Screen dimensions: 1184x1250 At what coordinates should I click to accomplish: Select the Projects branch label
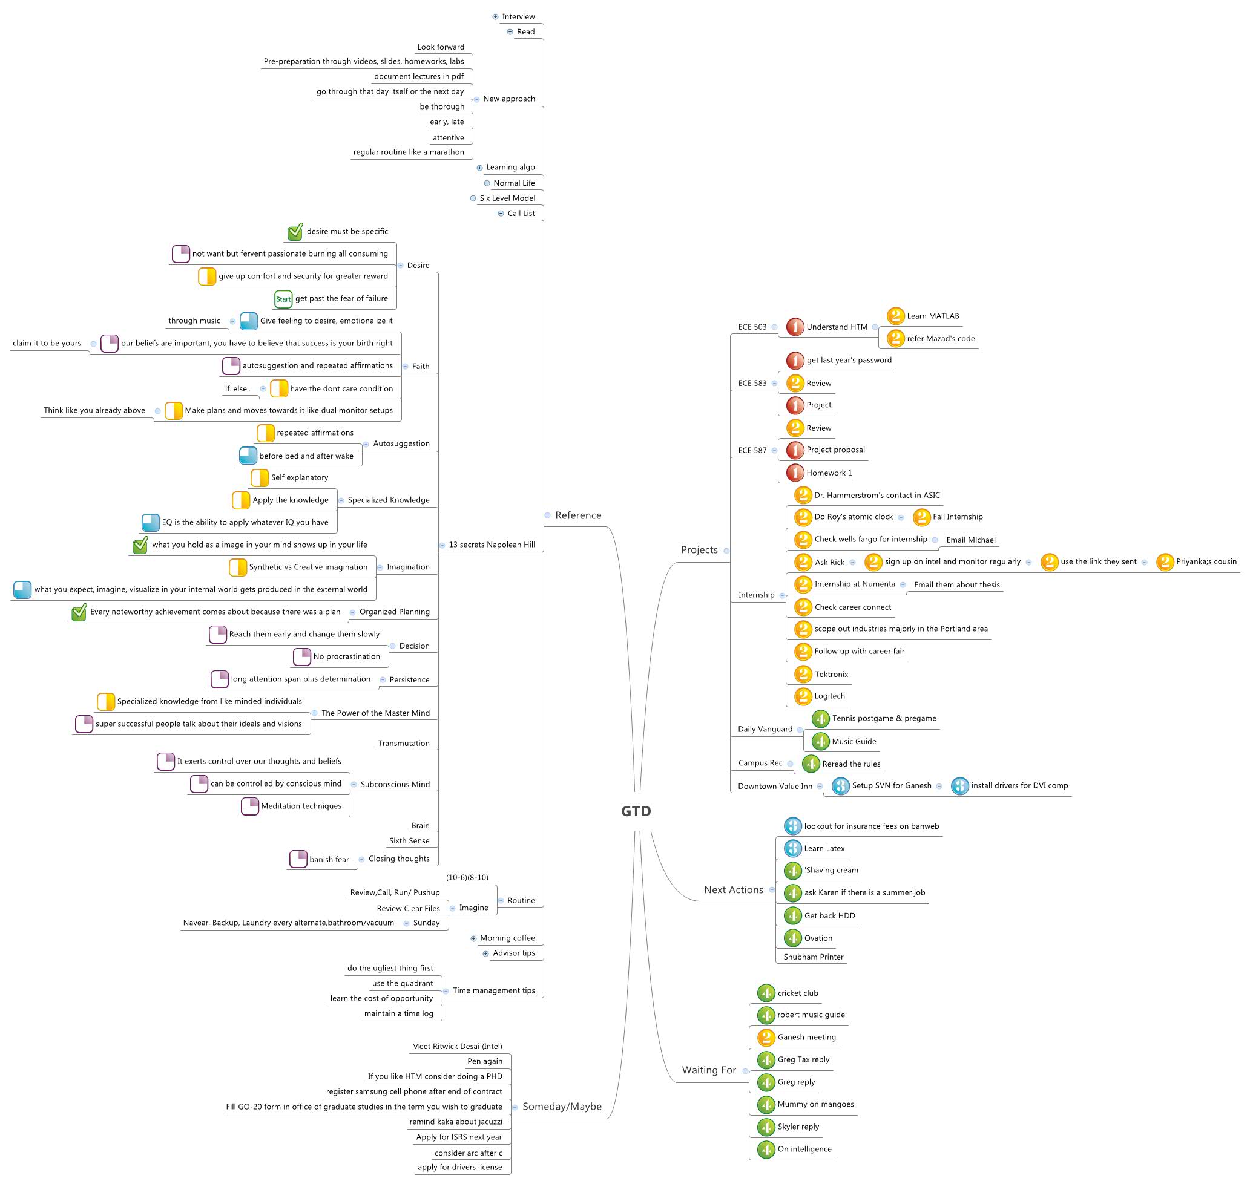click(x=699, y=550)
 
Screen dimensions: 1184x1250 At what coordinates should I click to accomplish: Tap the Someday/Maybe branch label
click(x=562, y=1107)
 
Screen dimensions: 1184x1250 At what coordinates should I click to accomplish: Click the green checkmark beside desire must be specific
click(x=295, y=232)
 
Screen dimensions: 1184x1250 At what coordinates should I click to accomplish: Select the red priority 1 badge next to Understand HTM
click(x=795, y=327)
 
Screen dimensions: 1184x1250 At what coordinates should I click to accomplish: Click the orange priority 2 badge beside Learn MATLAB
click(x=895, y=316)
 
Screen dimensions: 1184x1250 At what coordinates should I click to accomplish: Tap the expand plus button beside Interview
click(x=496, y=17)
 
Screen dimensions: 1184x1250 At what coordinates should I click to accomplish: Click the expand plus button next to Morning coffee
click(x=473, y=938)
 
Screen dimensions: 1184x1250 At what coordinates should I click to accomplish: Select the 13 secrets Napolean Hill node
click(x=492, y=545)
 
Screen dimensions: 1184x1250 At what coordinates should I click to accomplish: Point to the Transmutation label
click(x=403, y=744)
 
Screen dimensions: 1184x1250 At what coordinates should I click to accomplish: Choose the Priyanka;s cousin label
click(x=1206, y=561)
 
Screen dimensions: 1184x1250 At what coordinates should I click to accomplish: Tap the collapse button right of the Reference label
click(x=547, y=515)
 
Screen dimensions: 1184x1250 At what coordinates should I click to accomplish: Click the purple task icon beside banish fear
click(x=298, y=859)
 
